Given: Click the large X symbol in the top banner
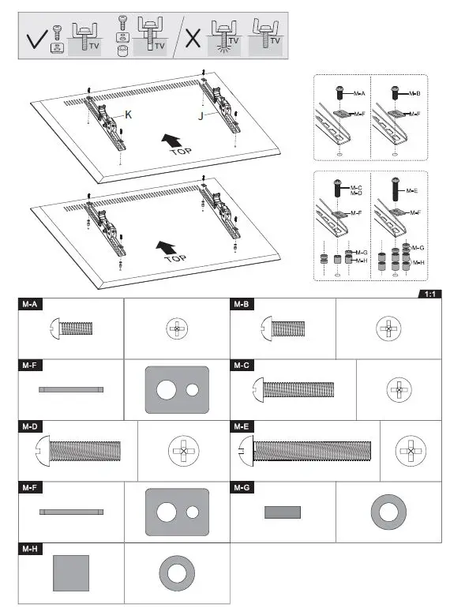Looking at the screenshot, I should coord(192,39).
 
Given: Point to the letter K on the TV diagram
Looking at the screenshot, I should coord(128,114).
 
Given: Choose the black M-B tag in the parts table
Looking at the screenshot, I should coord(242,304).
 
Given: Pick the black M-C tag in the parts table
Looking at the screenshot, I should coord(242,366).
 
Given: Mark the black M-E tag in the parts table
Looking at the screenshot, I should coord(242,427).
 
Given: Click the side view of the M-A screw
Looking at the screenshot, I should coord(72,327).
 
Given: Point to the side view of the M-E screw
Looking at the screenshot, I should coord(305,450).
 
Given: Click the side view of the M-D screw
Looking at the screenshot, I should coord(78,452).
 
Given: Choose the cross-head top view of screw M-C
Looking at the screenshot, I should coord(399,389).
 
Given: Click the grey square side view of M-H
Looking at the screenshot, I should coord(71,573).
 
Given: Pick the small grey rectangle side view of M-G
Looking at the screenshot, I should coord(282,512).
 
